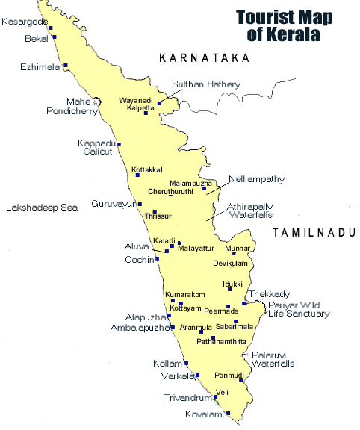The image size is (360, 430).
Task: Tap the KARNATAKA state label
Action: click(x=204, y=57)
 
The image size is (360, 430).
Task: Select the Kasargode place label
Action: click(x=24, y=22)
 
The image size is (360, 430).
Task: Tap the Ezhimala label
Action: click(x=39, y=66)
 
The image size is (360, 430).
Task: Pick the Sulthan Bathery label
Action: click(x=203, y=84)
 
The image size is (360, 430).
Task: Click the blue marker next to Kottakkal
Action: click(x=137, y=175)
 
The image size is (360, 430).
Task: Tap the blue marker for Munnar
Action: click(x=235, y=253)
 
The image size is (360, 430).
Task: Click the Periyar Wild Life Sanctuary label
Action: click(x=300, y=309)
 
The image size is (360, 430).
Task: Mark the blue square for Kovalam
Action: click(x=229, y=413)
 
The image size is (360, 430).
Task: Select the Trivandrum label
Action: click(x=187, y=398)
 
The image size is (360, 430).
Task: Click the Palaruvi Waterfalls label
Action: click(x=273, y=358)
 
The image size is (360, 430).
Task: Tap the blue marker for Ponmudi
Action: click(x=241, y=380)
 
